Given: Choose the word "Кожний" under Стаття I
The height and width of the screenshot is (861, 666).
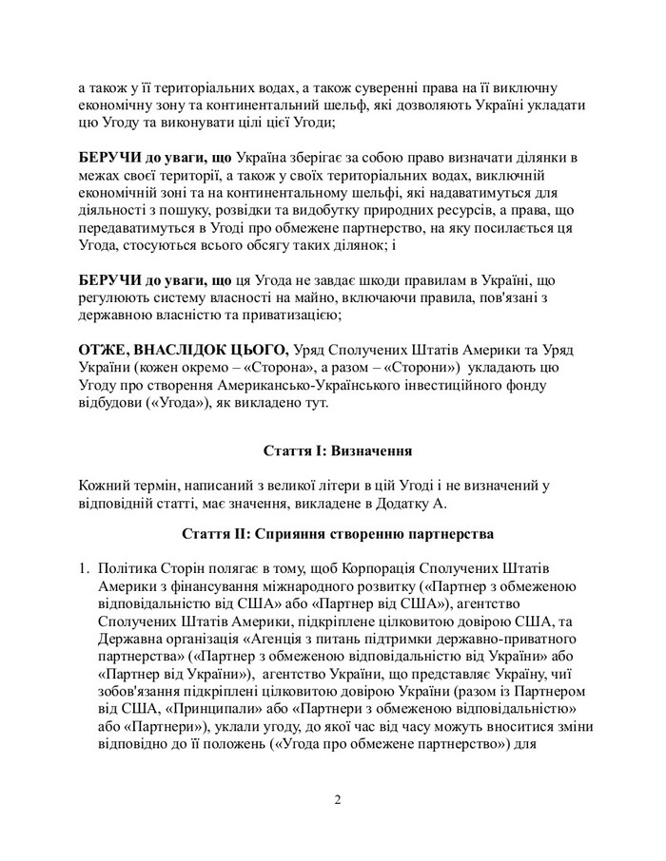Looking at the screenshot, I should [x=105, y=485].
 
